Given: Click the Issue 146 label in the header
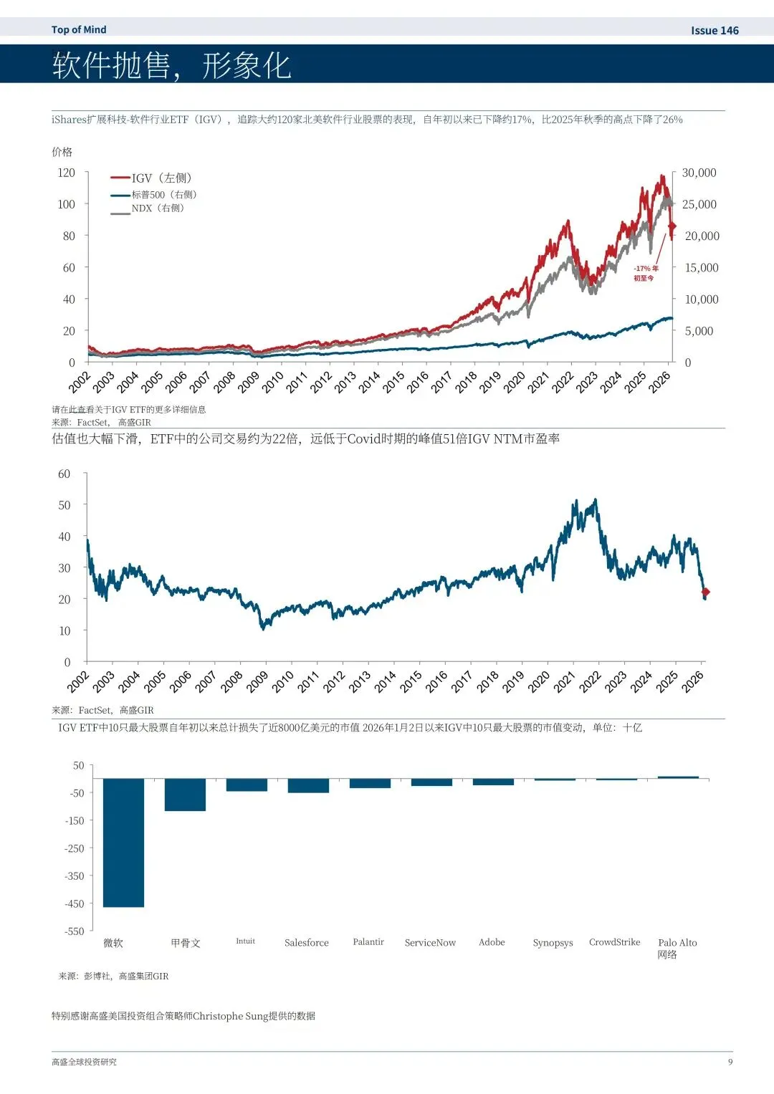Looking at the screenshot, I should tap(714, 30).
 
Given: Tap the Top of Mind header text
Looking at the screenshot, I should tap(79, 29).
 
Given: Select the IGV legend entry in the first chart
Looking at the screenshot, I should tap(161, 178).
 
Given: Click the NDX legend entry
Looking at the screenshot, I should tap(157, 208).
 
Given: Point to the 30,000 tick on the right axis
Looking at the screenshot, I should tap(699, 173).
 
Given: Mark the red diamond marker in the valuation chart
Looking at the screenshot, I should tap(705, 592).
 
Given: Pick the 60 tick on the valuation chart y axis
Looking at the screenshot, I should tap(64, 474).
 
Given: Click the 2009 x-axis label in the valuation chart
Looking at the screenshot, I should tap(257, 681).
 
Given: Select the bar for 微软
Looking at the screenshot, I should tap(123, 843).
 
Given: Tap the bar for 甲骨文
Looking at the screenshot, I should tap(185, 795).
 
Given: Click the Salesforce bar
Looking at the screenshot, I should tap(308, 786).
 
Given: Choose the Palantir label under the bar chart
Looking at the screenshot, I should tap(368, 942).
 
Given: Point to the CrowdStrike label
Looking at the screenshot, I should tap(614, 942).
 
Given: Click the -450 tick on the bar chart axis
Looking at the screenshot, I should tap(75, 903).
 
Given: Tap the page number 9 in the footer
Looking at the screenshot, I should tap(730, 1062).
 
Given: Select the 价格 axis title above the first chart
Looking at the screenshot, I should tap(62, 152).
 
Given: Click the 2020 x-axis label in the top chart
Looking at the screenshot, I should tap(515, 382).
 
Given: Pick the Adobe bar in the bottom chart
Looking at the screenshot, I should tap(493, 782).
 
